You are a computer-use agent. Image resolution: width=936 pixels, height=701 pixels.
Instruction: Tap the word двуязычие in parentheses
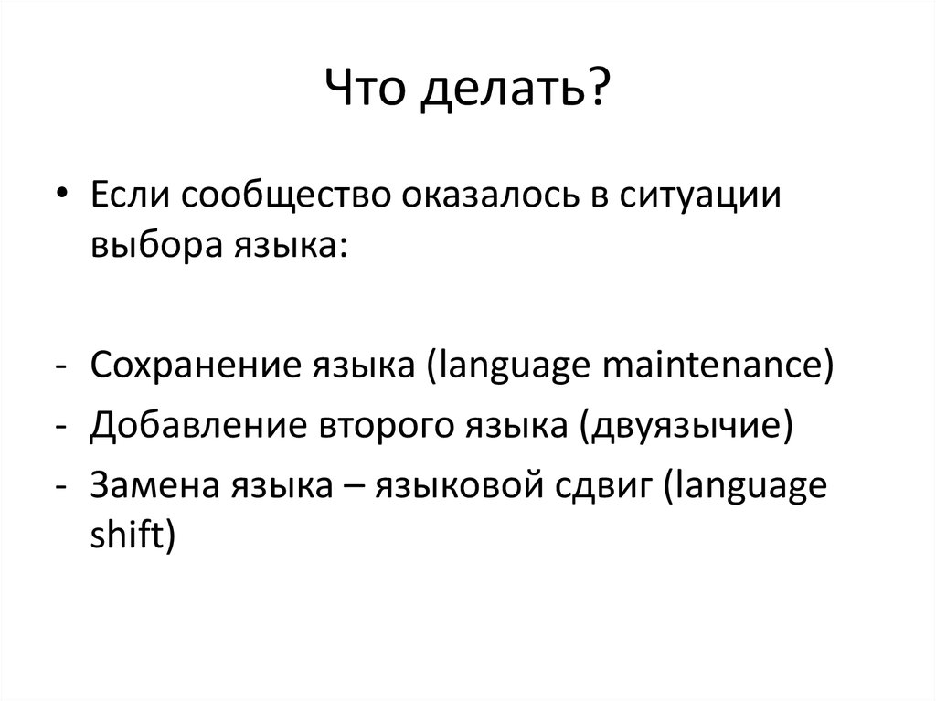pos(681,426)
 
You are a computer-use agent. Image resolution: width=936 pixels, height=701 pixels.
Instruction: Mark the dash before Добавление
pos(61,427)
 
